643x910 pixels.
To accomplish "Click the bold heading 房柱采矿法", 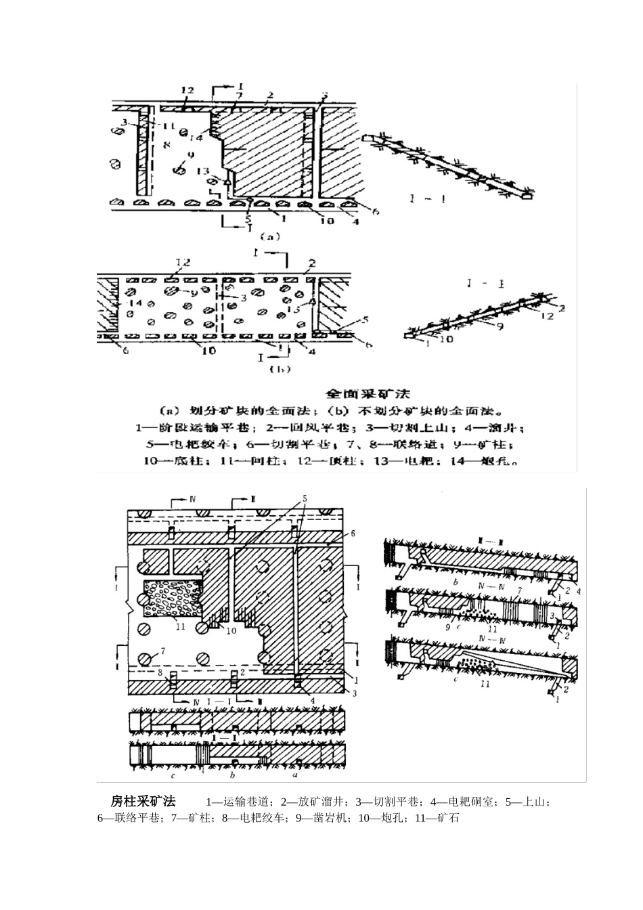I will click(143, 802).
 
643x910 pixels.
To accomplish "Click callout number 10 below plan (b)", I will click(208, 350).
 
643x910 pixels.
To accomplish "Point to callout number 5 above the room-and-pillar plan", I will click(303, 498).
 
